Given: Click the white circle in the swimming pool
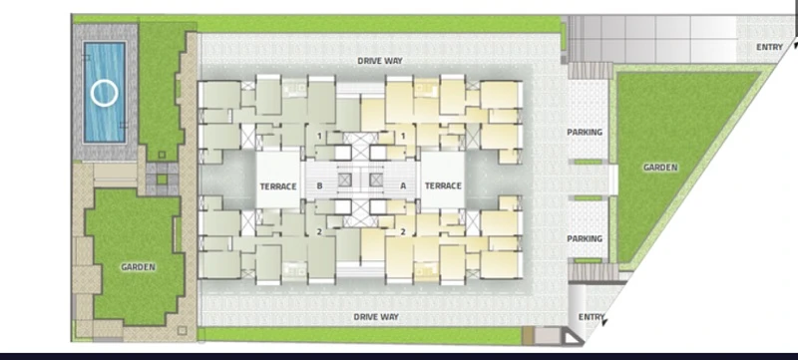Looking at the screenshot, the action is [x=92, y=94].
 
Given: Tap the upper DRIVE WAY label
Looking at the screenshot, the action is [x=380, y=61].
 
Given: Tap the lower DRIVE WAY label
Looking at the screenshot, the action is [x=376, y=317].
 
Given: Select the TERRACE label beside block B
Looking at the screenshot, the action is [x=278, y=186].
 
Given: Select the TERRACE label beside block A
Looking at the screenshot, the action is [x=443, y=186].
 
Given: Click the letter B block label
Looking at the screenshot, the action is [x=319, y=186].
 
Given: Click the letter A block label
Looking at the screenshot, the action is [x=403, y=186].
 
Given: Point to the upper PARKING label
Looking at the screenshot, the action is [x=585, y=133].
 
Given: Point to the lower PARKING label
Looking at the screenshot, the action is [x=585, y=238].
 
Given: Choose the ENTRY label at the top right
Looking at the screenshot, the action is [x=769, y=47].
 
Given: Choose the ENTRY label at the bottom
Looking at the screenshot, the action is [x=591, y=317].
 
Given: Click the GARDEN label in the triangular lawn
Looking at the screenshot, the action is [x=660, y=168].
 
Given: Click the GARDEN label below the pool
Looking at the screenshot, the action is [x=138, y=267].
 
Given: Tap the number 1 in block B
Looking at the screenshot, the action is [x=319, y=137].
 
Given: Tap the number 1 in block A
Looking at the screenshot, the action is [x=403, y=137].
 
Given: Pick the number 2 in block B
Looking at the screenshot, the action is [x=319, y=232].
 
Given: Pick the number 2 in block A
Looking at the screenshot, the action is [x=403, y=232].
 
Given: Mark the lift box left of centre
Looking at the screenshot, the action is [x=344, y=180].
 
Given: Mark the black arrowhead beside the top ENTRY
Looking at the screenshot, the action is [x=794, y=45].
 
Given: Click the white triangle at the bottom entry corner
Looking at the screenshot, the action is [x=573, y=337].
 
